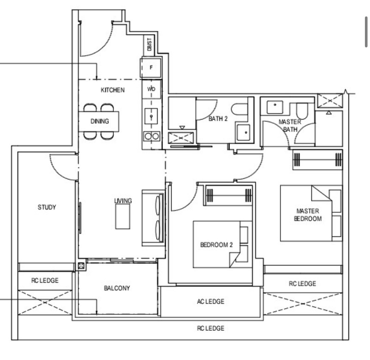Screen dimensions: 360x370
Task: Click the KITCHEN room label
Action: (x=112, y=90)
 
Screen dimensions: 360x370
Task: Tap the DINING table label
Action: (x=99, y=122)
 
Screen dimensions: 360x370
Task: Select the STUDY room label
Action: (x=47, y=207)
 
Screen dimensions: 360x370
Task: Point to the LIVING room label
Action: (x=123, y=201)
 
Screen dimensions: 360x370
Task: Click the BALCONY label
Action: (x=117, y=288)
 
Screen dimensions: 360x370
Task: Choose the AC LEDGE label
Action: (x=210, y=302)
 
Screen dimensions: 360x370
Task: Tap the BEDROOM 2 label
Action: (x=216, y=245)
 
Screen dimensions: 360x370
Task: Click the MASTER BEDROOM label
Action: (x=308, y=215)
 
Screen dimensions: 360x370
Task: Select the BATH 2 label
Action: (x=218, y=118)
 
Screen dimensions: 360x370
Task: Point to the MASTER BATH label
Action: (x=290, y=125)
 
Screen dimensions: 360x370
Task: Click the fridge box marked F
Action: (x=151, y=68)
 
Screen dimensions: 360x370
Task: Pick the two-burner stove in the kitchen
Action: (x=152, y=136)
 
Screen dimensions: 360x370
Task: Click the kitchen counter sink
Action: (x=151, y=115)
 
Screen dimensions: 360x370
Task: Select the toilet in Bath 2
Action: (x=240, y=109)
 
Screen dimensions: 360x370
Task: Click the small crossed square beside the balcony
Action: (x=82, y=266)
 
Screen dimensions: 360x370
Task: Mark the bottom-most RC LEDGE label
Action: (x=210, y=328)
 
